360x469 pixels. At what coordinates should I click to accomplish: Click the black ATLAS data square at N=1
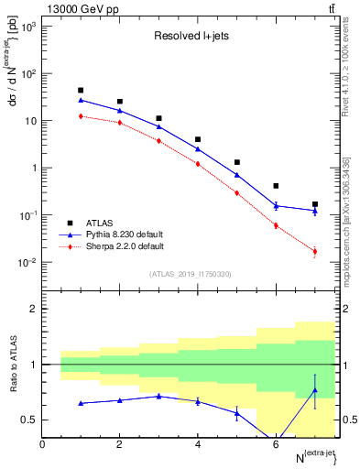tap(81, 91)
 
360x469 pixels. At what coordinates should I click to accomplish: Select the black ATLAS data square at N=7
tap(314, 204)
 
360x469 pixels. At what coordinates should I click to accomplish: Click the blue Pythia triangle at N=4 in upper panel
tap(198, 148)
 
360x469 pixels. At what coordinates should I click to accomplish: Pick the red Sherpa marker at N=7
tap(314, 251)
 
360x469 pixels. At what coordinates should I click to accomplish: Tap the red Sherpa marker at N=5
tap(236, 193)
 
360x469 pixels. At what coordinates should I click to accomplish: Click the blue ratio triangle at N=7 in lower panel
tap(314, 390)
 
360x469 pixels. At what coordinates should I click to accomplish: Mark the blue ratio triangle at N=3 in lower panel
tap(158, 396)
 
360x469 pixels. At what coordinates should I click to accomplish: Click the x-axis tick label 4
tap(198, 444)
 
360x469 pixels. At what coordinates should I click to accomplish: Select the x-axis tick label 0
tap(42, 444)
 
